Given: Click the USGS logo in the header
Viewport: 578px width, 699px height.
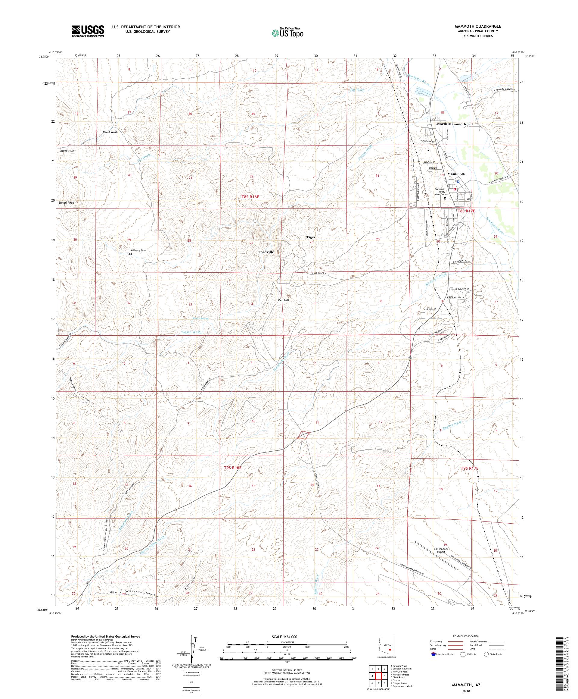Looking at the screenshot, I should (88, 31).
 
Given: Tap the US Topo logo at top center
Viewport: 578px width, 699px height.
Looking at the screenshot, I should (288, 32).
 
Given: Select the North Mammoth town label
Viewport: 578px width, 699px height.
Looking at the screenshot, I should (451, 124).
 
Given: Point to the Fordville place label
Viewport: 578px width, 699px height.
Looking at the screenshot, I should (266, 252).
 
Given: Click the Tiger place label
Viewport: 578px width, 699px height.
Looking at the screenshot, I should (311, 237).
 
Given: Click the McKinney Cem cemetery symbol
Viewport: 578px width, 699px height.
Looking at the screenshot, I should (130, 254).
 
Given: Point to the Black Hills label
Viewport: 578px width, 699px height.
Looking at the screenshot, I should (67, 151).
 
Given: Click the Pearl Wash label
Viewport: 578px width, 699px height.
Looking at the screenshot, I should (110, 132).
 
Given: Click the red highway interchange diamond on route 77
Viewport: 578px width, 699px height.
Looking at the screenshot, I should (304, 435).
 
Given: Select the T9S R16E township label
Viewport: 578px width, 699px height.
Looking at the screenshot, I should (232, 468).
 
